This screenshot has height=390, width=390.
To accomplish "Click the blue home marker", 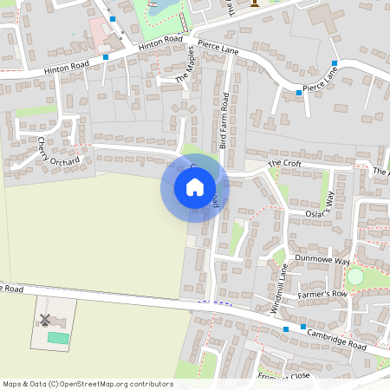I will [x=195, y=187].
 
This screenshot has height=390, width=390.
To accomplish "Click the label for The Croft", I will [x=283, y=163].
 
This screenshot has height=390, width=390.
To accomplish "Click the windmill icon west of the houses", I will [x=44, y=319].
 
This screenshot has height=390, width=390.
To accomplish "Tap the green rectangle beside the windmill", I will [x=58, y=337].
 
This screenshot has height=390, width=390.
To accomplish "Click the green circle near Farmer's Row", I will [x=355, y=276].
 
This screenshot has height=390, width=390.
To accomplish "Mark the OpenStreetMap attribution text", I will [x=88, y=383].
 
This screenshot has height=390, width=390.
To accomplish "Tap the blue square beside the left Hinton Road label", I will [x=106, y=57].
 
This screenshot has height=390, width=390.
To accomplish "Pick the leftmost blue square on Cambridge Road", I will [x=286, y=329].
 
